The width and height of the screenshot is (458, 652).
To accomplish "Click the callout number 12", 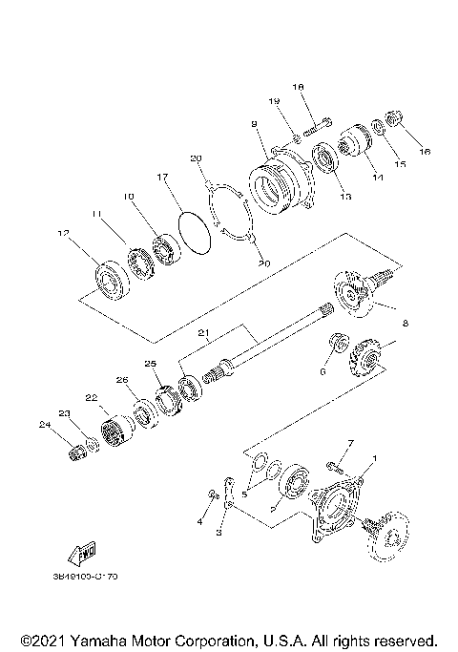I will (x=64, y=232).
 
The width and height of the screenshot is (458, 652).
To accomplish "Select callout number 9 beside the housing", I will (x=255, y=124).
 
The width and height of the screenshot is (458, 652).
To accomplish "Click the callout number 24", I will (x=42, y=423).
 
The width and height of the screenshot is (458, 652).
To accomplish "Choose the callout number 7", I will (x=350, y=444).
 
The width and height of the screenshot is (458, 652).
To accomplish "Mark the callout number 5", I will (x=244, y=494).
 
